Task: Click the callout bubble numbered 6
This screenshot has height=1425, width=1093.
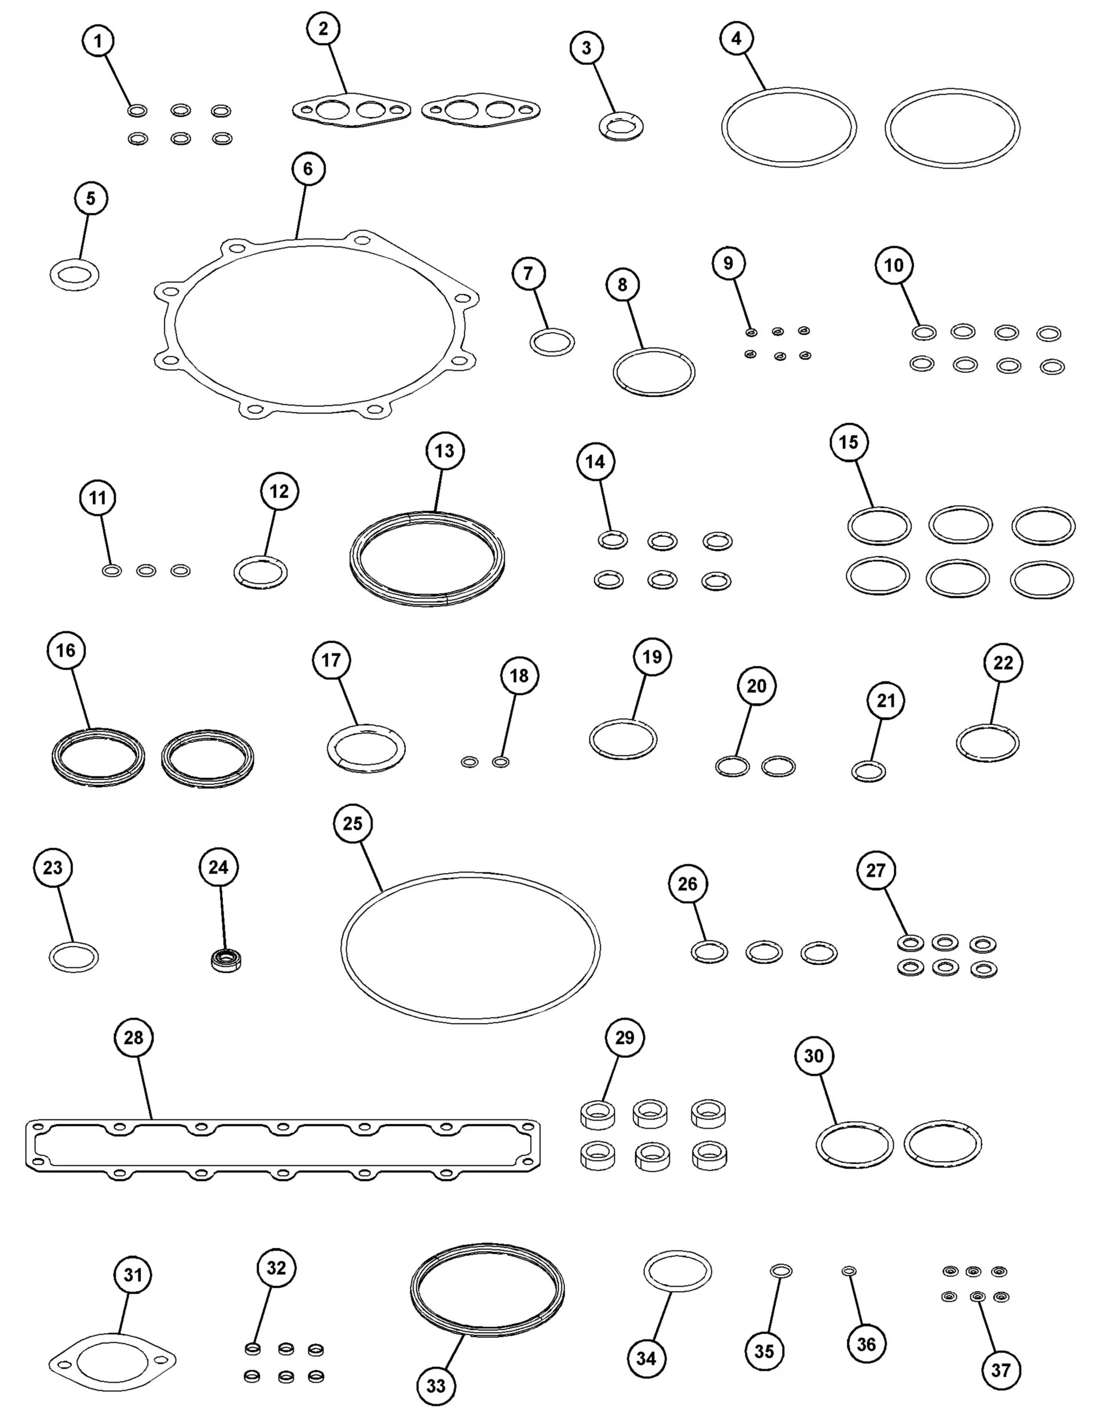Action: coord(308,169)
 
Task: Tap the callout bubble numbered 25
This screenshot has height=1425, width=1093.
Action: coord(352,824)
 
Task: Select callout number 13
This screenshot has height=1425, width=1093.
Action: coord(445,451)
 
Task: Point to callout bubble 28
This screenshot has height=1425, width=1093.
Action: coord(133,1037)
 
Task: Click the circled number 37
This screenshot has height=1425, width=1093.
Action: coord(1001,1370)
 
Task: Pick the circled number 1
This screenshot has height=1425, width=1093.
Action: coord(98,42)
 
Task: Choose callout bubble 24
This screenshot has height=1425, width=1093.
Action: coord(218,867)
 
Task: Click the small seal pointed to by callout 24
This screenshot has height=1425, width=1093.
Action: coord(226,960)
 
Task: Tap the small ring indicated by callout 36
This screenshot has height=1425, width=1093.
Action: coord(849,1271)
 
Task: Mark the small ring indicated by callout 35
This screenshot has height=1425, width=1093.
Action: coord(781,1271)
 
